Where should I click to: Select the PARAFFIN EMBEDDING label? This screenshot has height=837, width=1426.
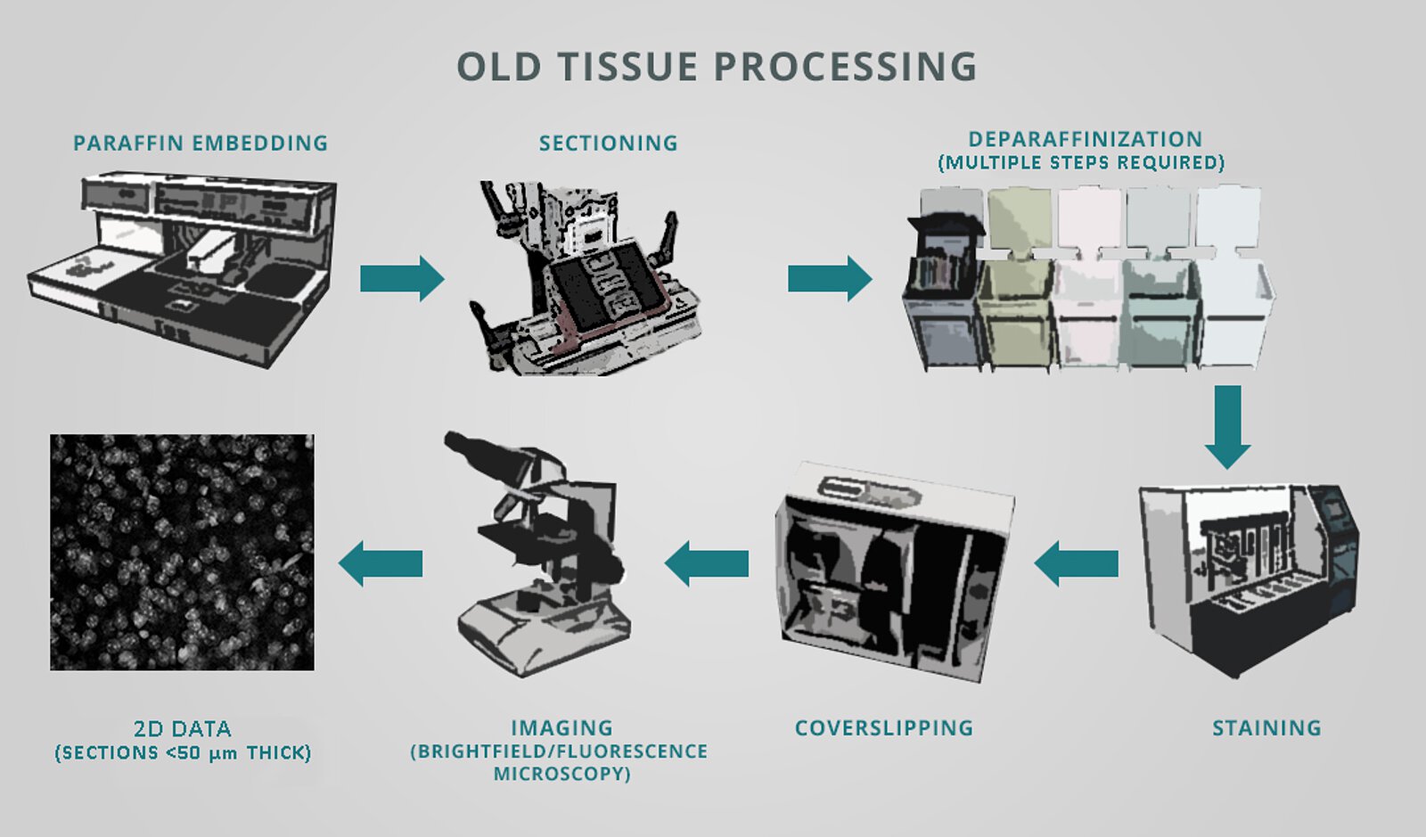(x=201, y=143)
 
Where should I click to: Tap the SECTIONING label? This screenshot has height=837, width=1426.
(x=608, y=143)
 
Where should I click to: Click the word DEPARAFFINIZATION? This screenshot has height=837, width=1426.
(x=1086, y=139)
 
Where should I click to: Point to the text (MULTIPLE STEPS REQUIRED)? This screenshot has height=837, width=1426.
(x=1081, y=162)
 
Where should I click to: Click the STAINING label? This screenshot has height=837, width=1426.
(x=1266, y=727)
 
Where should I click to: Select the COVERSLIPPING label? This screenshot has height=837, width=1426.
(x=883, y=727)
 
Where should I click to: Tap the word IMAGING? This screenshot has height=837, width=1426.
(x=561, y=727)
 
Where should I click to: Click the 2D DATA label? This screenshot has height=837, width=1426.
(x=183, y=728)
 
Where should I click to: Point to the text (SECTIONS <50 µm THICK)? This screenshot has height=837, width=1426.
(x=183, y=752)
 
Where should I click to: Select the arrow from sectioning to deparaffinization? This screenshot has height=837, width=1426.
(x=829, y=279)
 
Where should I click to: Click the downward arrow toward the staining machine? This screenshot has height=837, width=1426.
(x=1227, y=426)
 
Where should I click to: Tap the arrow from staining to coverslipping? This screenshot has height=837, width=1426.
(x=1077, y=563)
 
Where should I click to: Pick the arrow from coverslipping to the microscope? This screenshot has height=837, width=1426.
(x=707, y=563)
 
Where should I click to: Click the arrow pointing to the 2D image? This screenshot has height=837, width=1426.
(x=381, y=563)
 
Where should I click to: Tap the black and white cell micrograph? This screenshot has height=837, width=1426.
(x=182, y=552)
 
